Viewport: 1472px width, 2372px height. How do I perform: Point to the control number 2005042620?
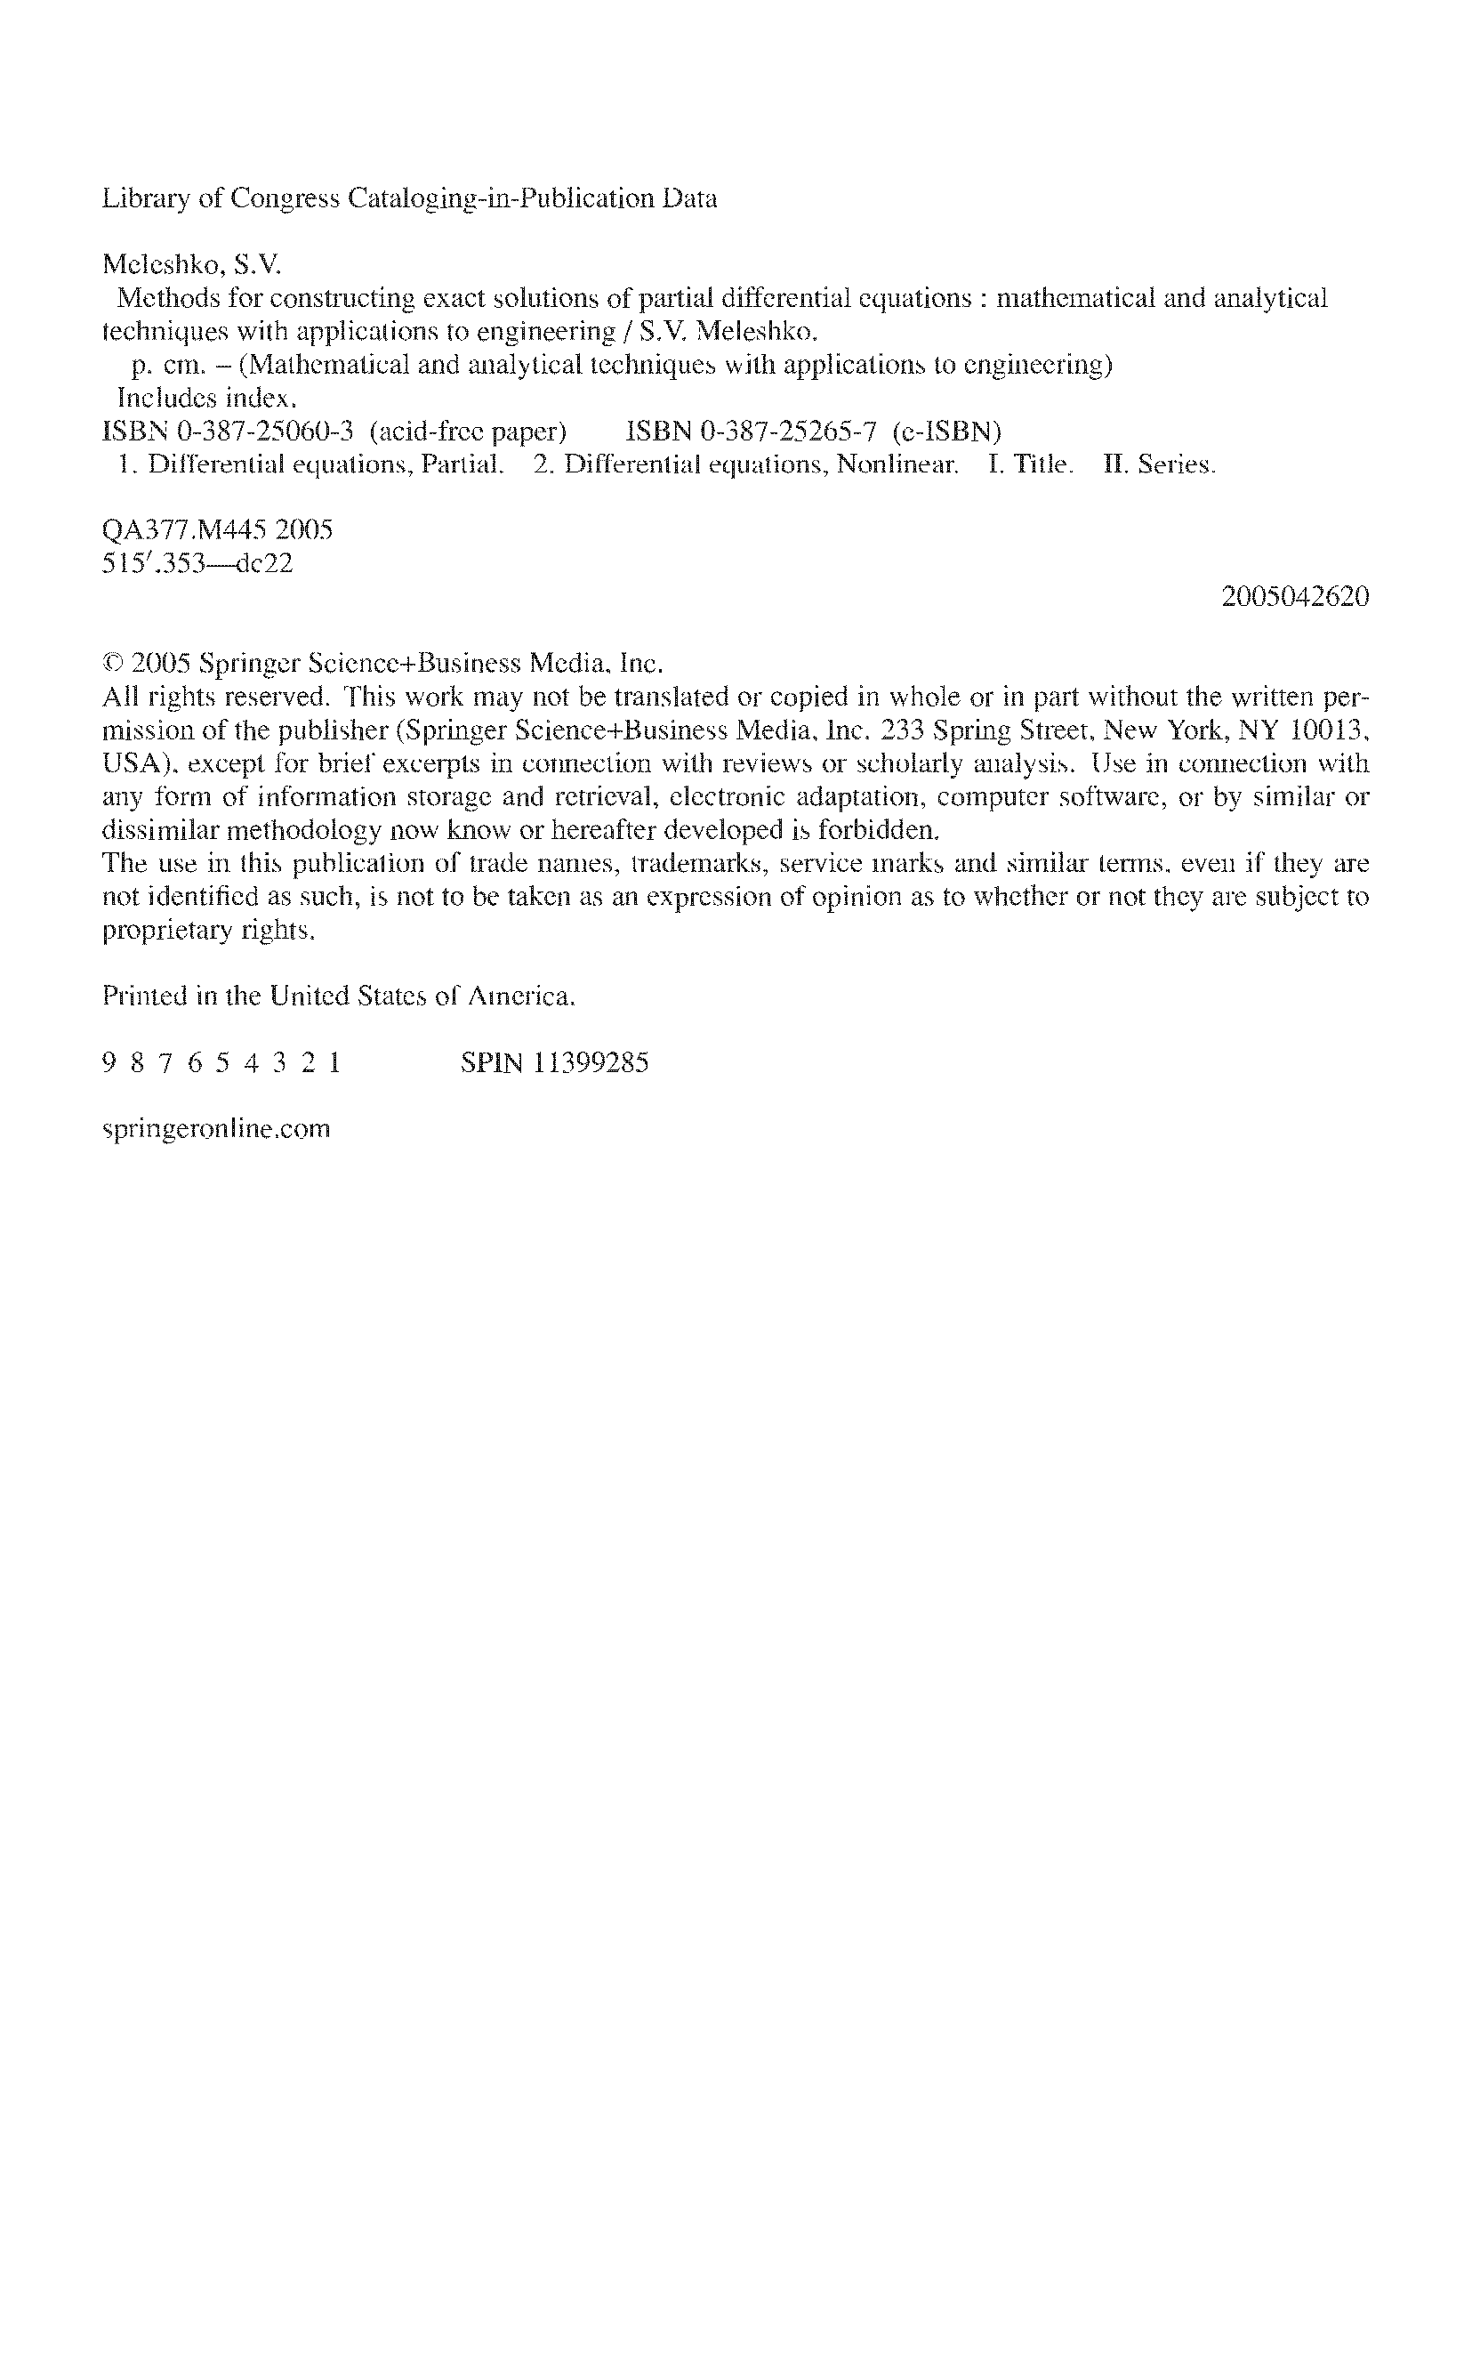[1295, 597]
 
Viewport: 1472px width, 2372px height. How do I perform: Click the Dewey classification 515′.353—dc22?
[197, 564]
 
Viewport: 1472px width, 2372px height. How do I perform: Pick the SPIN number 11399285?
[590, 1062]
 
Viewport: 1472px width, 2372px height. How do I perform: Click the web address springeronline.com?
[216, 1130]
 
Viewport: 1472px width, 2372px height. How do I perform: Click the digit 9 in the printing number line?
[108, 1062]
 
